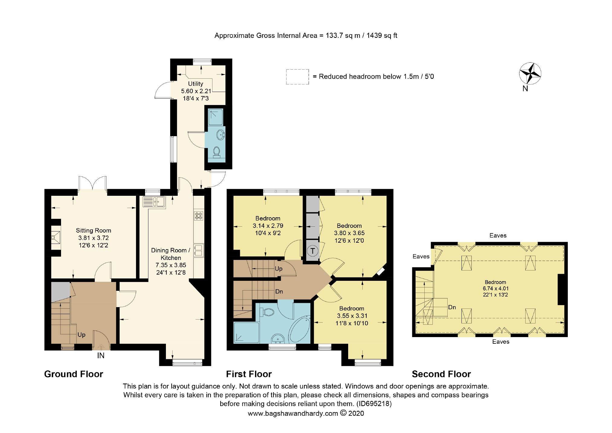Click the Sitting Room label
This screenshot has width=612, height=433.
click(93, 231)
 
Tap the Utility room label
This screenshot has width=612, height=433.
click(196, 84)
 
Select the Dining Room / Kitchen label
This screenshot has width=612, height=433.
click(171, 254)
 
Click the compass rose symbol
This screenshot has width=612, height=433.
click(530, 73)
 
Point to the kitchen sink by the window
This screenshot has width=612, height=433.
click(154, 202)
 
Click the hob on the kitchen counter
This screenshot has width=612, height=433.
click(199, 216)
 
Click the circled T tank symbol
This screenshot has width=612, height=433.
click(313, 251)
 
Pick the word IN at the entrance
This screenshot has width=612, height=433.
click(101, 356)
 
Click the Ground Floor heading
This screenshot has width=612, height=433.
click(74, 374)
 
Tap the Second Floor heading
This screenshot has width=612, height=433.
click(441, 374)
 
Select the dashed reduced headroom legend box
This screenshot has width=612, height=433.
click(298, 77)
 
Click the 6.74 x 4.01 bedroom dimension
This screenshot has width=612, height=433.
click(496, 289)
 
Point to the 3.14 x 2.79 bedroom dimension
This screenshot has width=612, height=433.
click(268, 226)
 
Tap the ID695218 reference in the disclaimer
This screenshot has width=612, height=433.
click(374, 404)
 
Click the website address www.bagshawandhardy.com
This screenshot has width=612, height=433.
click(293, 414)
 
